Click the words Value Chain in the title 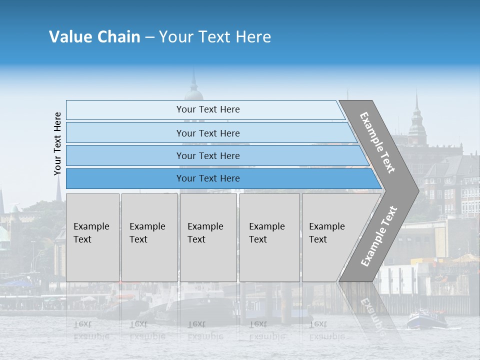[94, 37]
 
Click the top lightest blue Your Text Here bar [207, 109]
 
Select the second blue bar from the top [208, 133]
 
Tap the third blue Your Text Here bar [208, 155]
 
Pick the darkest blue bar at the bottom [208, 178]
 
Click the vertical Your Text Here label [57, 143]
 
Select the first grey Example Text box [92, 237]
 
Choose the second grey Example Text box [149, 237]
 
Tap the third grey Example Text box [208, 237]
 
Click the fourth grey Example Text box [269, 237]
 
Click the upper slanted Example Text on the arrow [377, 142]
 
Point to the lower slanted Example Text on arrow [379, 236]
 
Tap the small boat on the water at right [426, 319]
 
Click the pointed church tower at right [416, 120]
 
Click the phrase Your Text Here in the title [215, 37]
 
